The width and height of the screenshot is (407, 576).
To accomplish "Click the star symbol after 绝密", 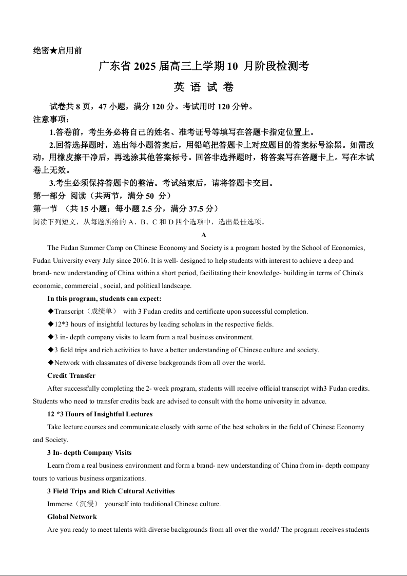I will click(x=54, y=50).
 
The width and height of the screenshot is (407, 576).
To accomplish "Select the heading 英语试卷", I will click(x=204, y=87).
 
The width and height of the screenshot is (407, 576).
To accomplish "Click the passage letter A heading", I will click(x=204, y=235).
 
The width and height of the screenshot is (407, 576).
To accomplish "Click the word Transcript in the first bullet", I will click(x=69, y=312).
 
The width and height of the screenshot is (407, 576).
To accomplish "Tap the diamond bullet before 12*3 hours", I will click(x=50, y=324).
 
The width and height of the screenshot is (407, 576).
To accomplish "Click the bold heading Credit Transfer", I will click(x=71, y=376).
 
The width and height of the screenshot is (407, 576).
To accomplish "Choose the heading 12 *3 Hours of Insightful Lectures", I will click(x=100, y=414).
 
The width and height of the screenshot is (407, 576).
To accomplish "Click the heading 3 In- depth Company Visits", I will click(x=89, y=453).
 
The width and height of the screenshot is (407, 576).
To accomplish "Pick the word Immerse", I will click(x=60, y=504).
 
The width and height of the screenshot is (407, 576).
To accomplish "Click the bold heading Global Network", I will click(x=72, y=517).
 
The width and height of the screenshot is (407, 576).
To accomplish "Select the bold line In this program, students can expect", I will click(x=104, y=299).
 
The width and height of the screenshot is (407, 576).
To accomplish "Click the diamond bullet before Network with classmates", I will click(x=50, y=363).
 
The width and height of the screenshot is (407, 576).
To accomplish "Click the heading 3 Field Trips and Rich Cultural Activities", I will click(x=111, y=491).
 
